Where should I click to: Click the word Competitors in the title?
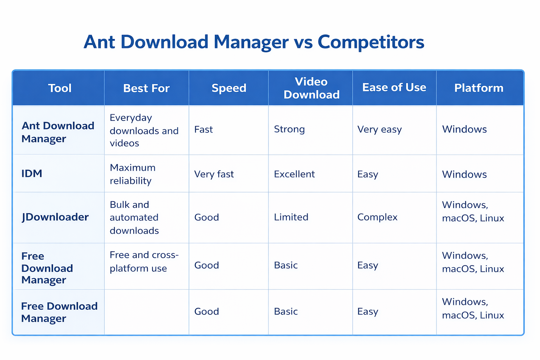371,42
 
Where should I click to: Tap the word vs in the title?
303,42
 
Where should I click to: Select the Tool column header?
60,88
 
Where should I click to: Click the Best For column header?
146,88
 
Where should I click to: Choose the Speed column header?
229,88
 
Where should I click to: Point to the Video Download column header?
311,88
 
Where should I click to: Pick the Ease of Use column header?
394,88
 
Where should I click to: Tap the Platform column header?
479,88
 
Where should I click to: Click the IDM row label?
32,173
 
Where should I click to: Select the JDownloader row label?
55,217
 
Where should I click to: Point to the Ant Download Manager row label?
58,132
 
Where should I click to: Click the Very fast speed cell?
214,174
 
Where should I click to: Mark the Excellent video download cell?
294,174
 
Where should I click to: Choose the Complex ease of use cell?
377,217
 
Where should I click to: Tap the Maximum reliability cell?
133,174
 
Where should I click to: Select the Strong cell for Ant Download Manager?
289,129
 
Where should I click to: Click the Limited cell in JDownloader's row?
291,217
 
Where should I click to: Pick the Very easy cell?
379,130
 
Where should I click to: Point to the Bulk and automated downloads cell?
134,218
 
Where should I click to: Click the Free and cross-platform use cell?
144,262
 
